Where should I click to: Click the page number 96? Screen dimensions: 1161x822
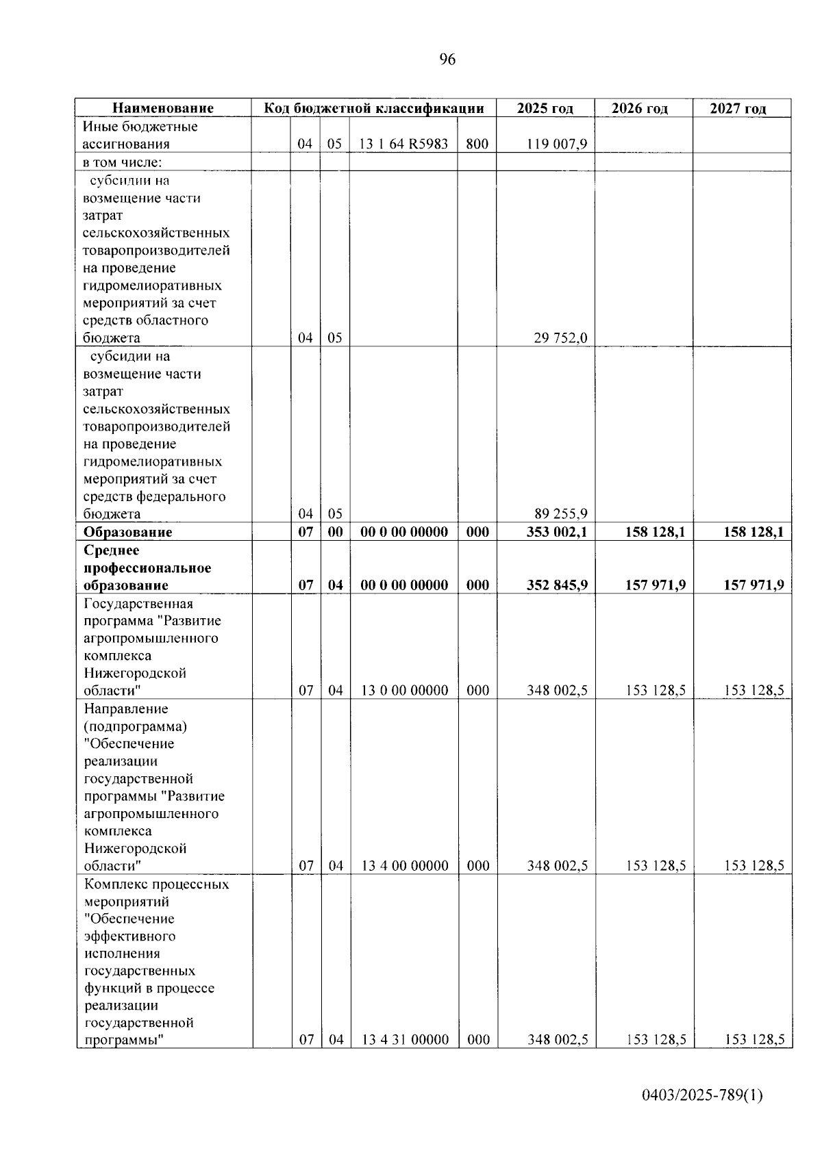pyautogui.click(x=447, y=60)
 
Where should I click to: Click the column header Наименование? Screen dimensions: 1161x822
pyautogui.click(x=163, y=108)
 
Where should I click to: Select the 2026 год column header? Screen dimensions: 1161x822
pyautogui.click(x=639, y=109)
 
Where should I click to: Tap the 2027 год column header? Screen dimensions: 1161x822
pyautogui.click(x=738, y=109)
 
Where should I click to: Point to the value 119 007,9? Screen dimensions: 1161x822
pyautogui.click(x=557, y=144)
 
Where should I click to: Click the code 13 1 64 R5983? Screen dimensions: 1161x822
pyautogui.click(x=404, y=144)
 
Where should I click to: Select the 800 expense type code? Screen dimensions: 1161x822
pyautogui.click(x=477, y=144)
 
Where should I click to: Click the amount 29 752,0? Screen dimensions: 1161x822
pyautogui.click(x=560, y=338)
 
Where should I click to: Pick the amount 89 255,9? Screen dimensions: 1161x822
pyautogui.click(x=560, y=514)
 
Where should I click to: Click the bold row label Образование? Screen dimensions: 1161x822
pyautogui.click(x=127, y=533)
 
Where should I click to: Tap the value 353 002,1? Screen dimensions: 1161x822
pyautogui.click(x=556, y=533)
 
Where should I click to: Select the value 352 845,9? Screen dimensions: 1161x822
pyautogui.click(x=556, y=585)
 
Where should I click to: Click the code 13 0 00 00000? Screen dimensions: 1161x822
pyautogui.click(x=404, y=691)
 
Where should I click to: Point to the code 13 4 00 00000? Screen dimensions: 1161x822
pyautogui.click(x=404, y=866)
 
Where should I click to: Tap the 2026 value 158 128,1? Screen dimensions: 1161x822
pyautogui.click(x=655, y=533)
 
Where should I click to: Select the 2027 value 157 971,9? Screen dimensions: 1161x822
pyautogui.click(x=754, y=585)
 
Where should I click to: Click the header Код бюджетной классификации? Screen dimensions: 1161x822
pyautogui.click(x=374, y=108)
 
